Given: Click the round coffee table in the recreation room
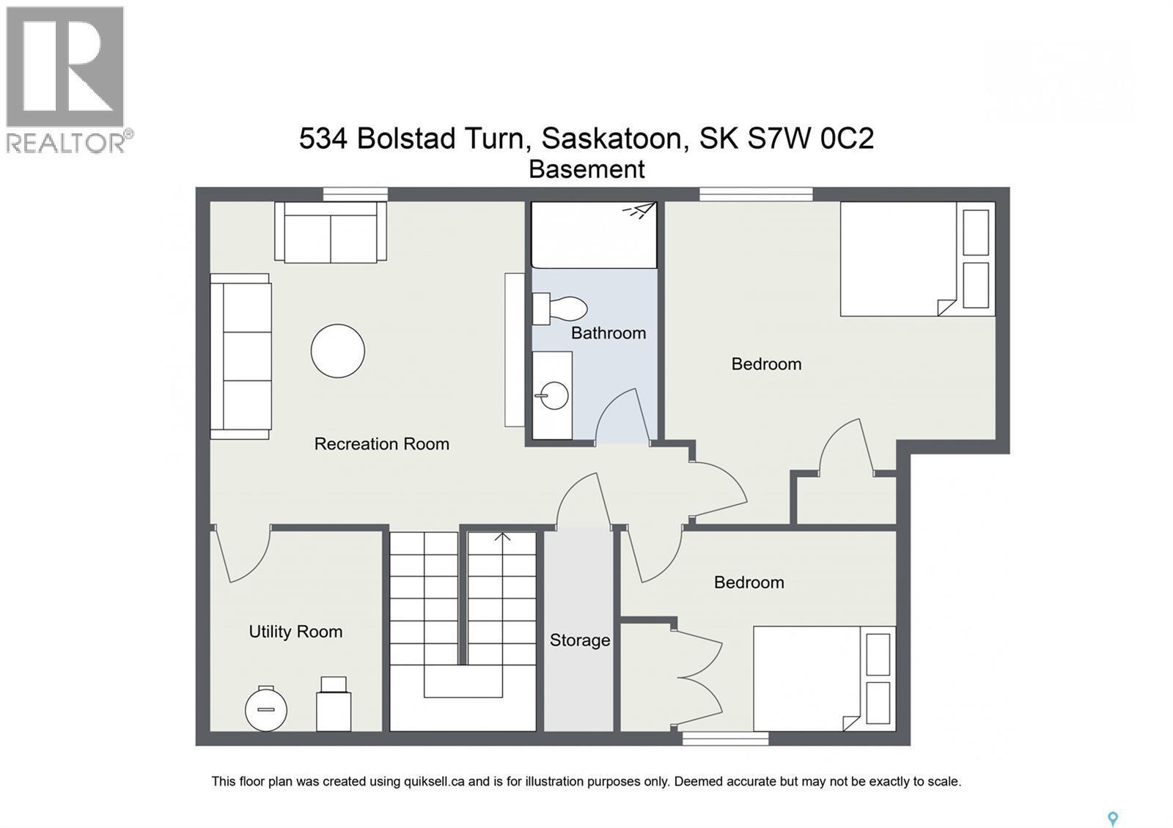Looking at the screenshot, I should [337, 351].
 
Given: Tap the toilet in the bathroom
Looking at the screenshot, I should [561, 308].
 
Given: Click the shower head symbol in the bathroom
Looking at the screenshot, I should [639, 211].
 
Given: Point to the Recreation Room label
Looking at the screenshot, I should [381, 444].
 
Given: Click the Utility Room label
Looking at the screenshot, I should [295, 632].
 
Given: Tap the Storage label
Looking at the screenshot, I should [580, 640].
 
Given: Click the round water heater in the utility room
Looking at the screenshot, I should [265, 709].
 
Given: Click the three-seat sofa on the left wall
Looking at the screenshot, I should [241, 356].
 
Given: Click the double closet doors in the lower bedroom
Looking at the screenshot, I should [697, 678].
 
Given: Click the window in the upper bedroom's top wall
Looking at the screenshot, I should [756, 194].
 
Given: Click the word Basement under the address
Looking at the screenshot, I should [586, 170].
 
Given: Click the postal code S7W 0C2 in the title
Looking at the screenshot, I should [810, 138].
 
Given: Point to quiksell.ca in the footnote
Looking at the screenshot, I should [434, 782].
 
